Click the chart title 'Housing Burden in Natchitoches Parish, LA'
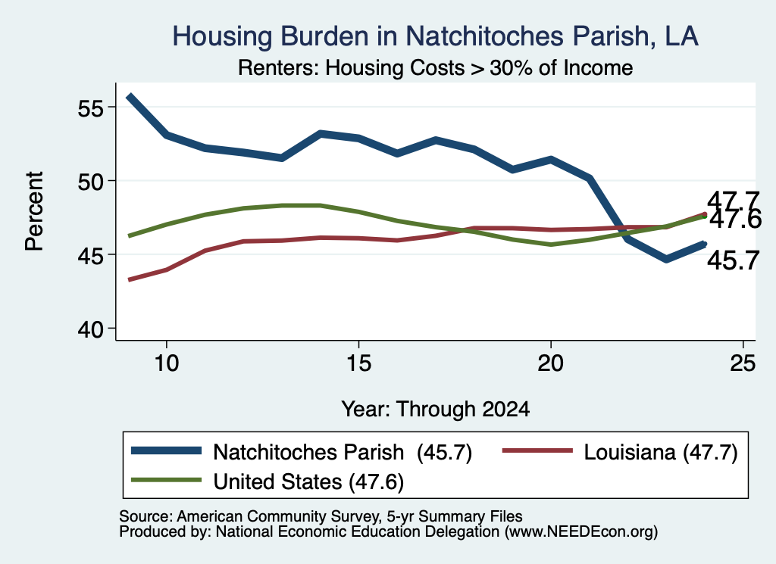pyautogui.click(x=435, y=36)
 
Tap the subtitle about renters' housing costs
pyautogui.click(x=435, y=67)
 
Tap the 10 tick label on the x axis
pyautogui.click(x=166, y=363)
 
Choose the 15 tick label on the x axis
pyautogui.click(x=358, y=363)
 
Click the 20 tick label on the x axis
pyautogui.click(x=550, y=363)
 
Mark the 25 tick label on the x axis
pyautogui.click(x=743, y=363)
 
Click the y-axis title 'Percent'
pyautogui.click(x=35, y=211)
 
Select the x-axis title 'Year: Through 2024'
pyautogui.click(x=436, y=410)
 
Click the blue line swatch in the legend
pyautogui.click(x=166, y=450)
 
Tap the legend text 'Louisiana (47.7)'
pyautogui.click(x=661, y=452)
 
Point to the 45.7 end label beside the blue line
pyautogui.click(x=733, y=260)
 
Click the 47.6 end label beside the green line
pyautogui.click(x=735, y=220)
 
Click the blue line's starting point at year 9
pyautogui.click(x=129, y=96)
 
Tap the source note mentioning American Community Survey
pyautogui.click(x=321, y=516)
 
